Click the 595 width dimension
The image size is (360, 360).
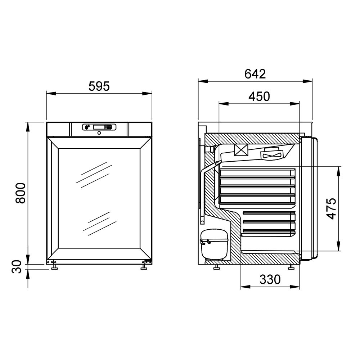pyautogui.click(x=99, y=86)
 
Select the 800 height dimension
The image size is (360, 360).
pyautogui.click(x=21, y=193)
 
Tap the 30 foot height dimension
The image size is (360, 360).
pyautogui.click(x=17, y=267)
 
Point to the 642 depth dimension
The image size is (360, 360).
pyautogui.click(x=255, y=74)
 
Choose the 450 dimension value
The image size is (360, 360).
pyautogui.click(x=259, y=96)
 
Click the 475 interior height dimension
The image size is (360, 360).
pyautogui.click(x=331, y=209)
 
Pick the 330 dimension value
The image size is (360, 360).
pyautogui.click(x=270, y=279)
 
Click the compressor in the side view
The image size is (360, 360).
pyautogui.click(x=214, y=244)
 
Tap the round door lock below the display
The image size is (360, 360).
pyautogui.click(x=99, y=133)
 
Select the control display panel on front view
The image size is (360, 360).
pyautogui.click(x=99, y=127)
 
